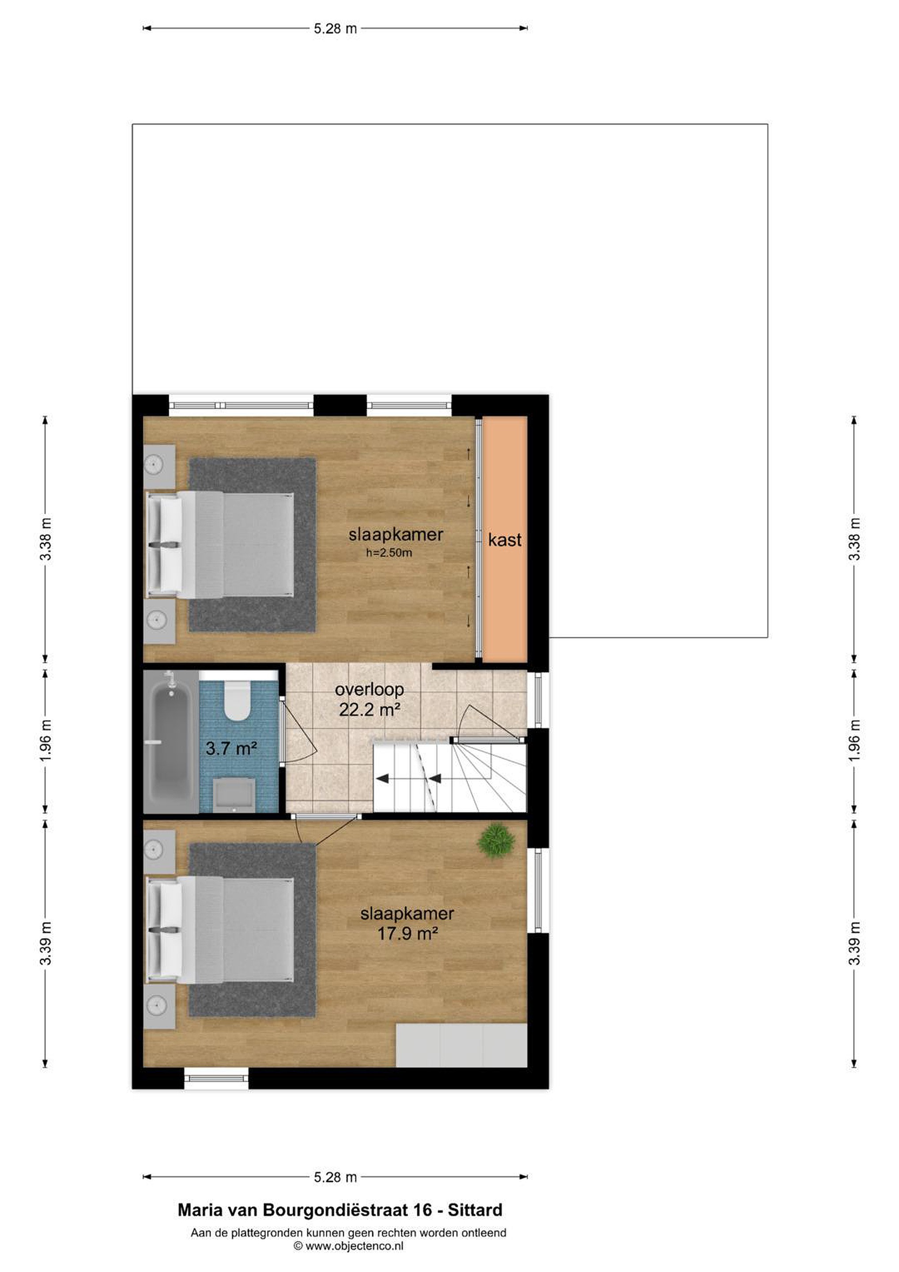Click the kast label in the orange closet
tap(505, 540)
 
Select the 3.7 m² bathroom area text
tap(231, 749)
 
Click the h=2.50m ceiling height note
tap(389, 553)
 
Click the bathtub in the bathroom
tap(170, 742)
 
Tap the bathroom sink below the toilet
tap(234, 795)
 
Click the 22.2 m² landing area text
tap(370, 709)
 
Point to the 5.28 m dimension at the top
tap(335, 28)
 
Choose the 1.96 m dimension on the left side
tap(45, 741)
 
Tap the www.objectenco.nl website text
tap(355, 1245)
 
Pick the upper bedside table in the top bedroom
tap(159, 466)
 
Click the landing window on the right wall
tap(537, 699)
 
